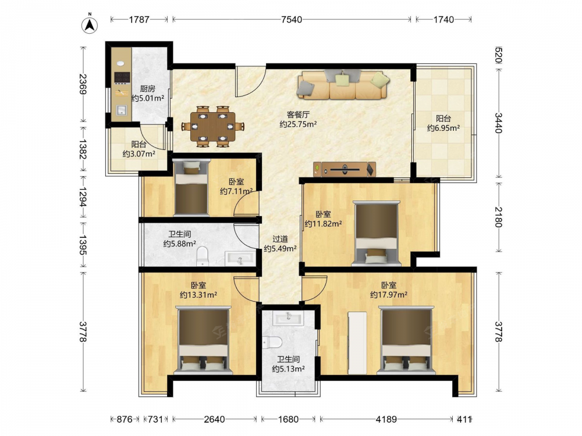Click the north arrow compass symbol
[90, 24]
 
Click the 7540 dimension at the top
[292, 20]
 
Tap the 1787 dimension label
[139, 20]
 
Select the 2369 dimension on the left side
[83, 84]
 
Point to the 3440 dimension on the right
[499, 123]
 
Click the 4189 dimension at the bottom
[386, 419]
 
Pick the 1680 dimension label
[289, 419]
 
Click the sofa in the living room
[343, 85]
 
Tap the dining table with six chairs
[212, 126]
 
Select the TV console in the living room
[345, 170]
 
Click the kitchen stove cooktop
[122, 77]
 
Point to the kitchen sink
[122, 110]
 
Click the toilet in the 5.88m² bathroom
[203, 257]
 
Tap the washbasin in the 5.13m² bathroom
[288, 318]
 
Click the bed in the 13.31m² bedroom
[203, 340]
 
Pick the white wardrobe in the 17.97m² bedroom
[357, 343]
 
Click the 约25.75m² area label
[298, 124]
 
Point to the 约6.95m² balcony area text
[443, 128]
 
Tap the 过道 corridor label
[280, 239]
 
